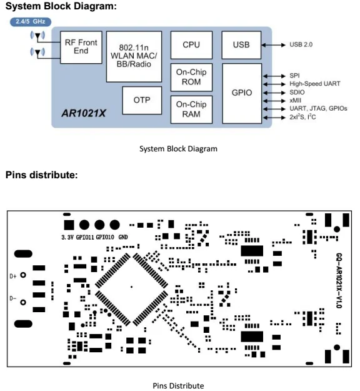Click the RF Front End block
pyautogui.click(x=81, y=47)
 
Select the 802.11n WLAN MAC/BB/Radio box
pyautogui.click(x=134, y=56)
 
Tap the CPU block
pyautogui.click(x=191, y=45)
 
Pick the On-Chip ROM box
pyautogui.click(x=191, y=77)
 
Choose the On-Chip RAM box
pyautogui.click(x=191, y=109)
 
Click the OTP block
pyautogui.click(x=142, y=100)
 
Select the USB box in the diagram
pyautogui.click(x=241, y=45)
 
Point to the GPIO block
pyautogui.click(x=242, y=93)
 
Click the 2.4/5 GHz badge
pyautogui.click(x=31, y=22)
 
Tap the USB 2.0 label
pyautogui.click(x=301, y=44)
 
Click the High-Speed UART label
pyautogui.click(x=314, y=84)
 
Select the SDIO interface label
pyautogui.click(x=297, y=92)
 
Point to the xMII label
pyautogui.click(x=295, y=101)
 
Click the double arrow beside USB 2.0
pyautogui.click(x=274, y=45)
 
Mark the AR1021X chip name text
pyautogui.click(x=84, y=113)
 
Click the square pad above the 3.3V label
pyautogui.click(x=69, y=225)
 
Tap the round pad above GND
pyautogui.click(x=115, y=225)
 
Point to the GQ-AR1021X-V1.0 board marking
pyautogui.click(x=339, y=280)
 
